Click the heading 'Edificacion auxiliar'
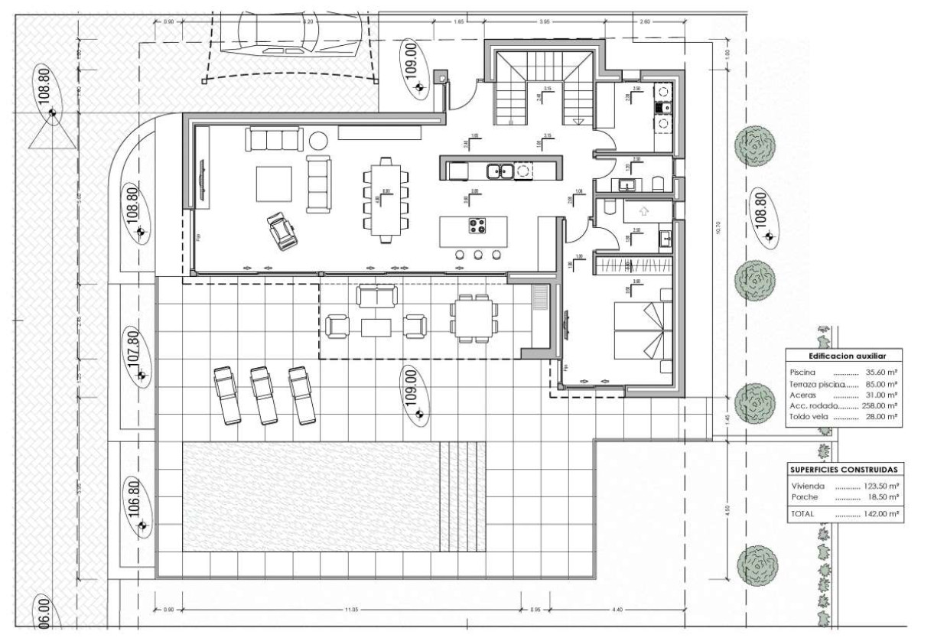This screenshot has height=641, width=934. click(x=845, y=356)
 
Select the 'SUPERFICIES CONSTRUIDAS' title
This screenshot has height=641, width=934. click(x=845, y=469)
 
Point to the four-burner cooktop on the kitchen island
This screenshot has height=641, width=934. click(x=478, y=226)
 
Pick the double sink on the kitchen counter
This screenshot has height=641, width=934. click(x=500, y=171)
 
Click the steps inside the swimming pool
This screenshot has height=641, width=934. click(x=464, y=497)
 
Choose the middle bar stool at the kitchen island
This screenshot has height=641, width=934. click(x=478, y=255)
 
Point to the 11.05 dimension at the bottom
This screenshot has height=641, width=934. click(x=350, y=610)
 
